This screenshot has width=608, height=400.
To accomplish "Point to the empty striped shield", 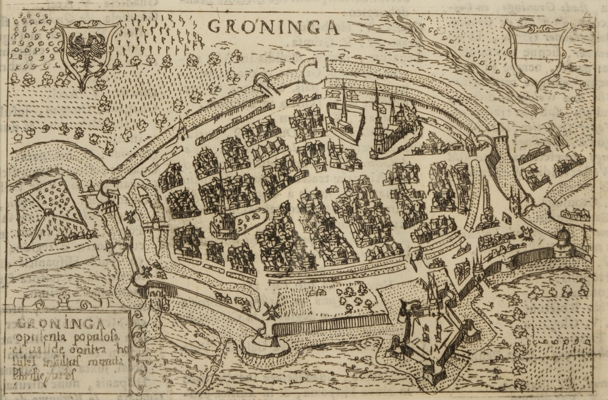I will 536,54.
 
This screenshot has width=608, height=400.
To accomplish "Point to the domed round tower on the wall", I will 562,241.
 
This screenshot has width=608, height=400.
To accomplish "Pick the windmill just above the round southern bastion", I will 271,311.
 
